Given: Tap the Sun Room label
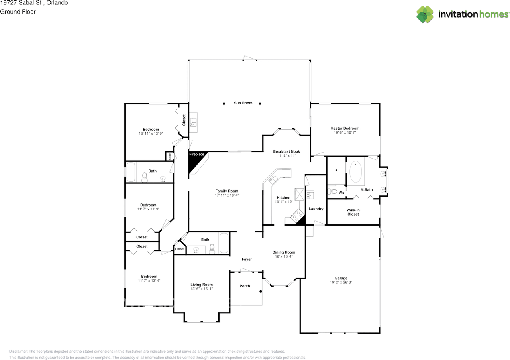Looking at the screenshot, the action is pos(243,103).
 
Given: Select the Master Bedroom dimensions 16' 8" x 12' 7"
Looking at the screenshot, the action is pos(345,132).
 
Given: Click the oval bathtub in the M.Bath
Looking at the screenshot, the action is pos(355,172).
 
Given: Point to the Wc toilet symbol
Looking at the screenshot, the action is pos(332,191).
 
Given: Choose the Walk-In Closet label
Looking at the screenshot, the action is pos(353,212).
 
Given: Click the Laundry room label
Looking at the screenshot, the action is pos(316,209).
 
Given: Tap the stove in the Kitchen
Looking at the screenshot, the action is pos(297,215).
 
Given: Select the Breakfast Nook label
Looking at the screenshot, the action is pos(286,151).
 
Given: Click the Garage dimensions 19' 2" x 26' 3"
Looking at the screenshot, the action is pos(341,282).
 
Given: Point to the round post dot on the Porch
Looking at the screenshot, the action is pos(261,291).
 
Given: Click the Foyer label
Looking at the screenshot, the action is pos(247,259).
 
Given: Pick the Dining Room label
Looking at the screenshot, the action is pos(284,252).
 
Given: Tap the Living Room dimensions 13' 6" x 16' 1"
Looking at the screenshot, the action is pos(202,289).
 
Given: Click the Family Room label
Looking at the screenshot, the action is pos(227,191).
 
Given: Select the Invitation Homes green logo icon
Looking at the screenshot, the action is pos(425,14).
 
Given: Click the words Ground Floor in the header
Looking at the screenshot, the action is pos(18,12).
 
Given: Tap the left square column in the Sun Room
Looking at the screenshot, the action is pos(224,104).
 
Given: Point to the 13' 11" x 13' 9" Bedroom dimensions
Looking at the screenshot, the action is pos(151,134).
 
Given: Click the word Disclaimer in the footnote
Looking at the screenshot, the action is pos(18,352).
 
